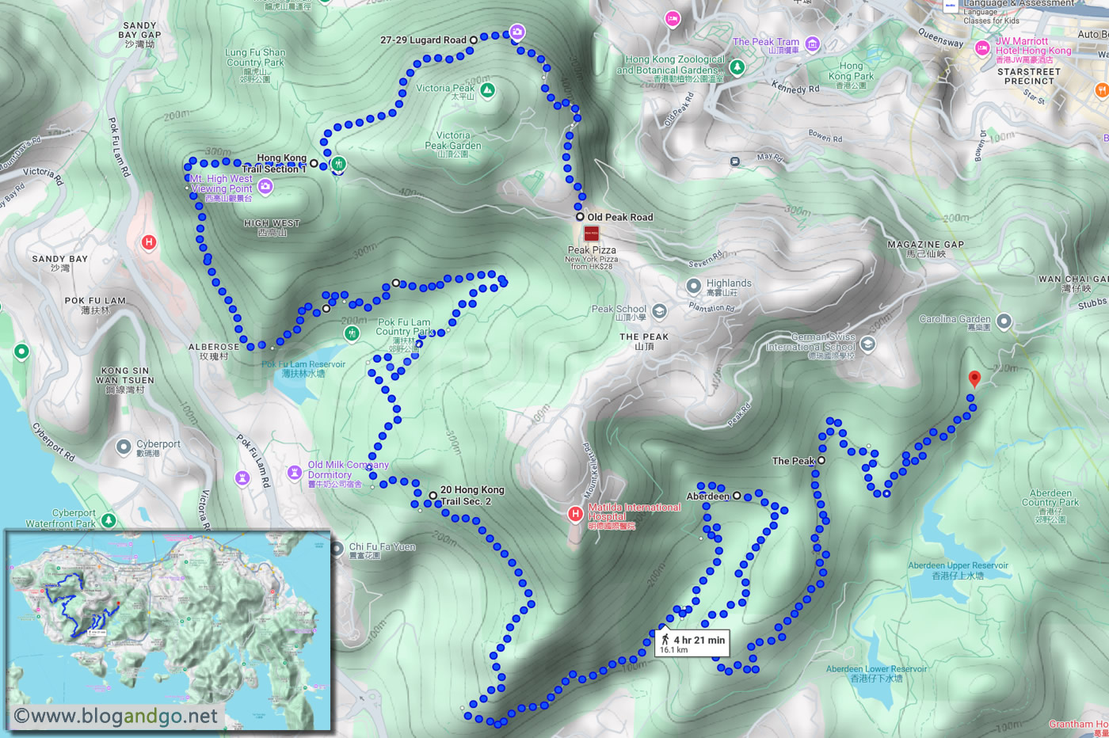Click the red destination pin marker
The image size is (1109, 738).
[974, 379]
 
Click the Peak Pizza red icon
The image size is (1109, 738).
[591, 234]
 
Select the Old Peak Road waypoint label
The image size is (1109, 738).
[619, 217]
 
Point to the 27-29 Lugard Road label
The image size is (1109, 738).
[423, 40]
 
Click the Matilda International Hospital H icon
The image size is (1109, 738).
[576, 514]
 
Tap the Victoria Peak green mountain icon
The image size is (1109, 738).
[487, 90]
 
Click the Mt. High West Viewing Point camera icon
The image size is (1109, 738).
[265, 186]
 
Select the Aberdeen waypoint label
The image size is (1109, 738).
[707, 496]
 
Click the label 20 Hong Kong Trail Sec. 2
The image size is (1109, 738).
[472, 496]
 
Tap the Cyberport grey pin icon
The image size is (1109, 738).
[124, 447]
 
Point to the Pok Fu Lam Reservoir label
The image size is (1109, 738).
[303, 368]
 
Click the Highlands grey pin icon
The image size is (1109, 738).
[694, 286]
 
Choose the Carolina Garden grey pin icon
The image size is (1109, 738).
[1004, 321]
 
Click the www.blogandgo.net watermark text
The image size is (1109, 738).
[116, 716]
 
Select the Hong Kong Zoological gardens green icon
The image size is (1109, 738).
[737, 67]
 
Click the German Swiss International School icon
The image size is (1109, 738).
[868, 344]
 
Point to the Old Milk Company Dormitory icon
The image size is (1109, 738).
[295, 473]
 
